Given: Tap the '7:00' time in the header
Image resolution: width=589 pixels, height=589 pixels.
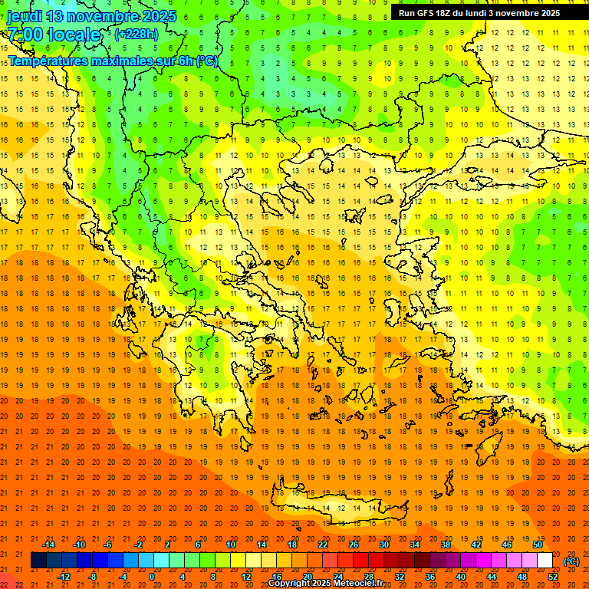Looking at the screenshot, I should tap(25, 35).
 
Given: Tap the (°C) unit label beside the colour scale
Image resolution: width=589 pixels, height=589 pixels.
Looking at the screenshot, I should tap(571, 561).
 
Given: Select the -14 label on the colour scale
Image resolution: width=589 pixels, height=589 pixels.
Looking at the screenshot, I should tap(49, 545).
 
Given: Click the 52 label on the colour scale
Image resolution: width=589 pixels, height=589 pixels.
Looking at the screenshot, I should tap(553, 577).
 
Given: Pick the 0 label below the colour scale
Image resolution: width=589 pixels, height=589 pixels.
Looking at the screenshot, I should tap(152, 577).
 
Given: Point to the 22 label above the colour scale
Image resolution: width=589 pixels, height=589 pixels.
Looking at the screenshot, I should tap(323, 545).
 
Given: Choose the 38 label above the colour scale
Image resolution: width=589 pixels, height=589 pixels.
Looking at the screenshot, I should tap(445, 545).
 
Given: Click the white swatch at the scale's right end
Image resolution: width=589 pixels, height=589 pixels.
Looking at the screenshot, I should tap(545, 561).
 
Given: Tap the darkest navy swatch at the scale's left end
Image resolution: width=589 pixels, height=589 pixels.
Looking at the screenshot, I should tap(38, 561).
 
